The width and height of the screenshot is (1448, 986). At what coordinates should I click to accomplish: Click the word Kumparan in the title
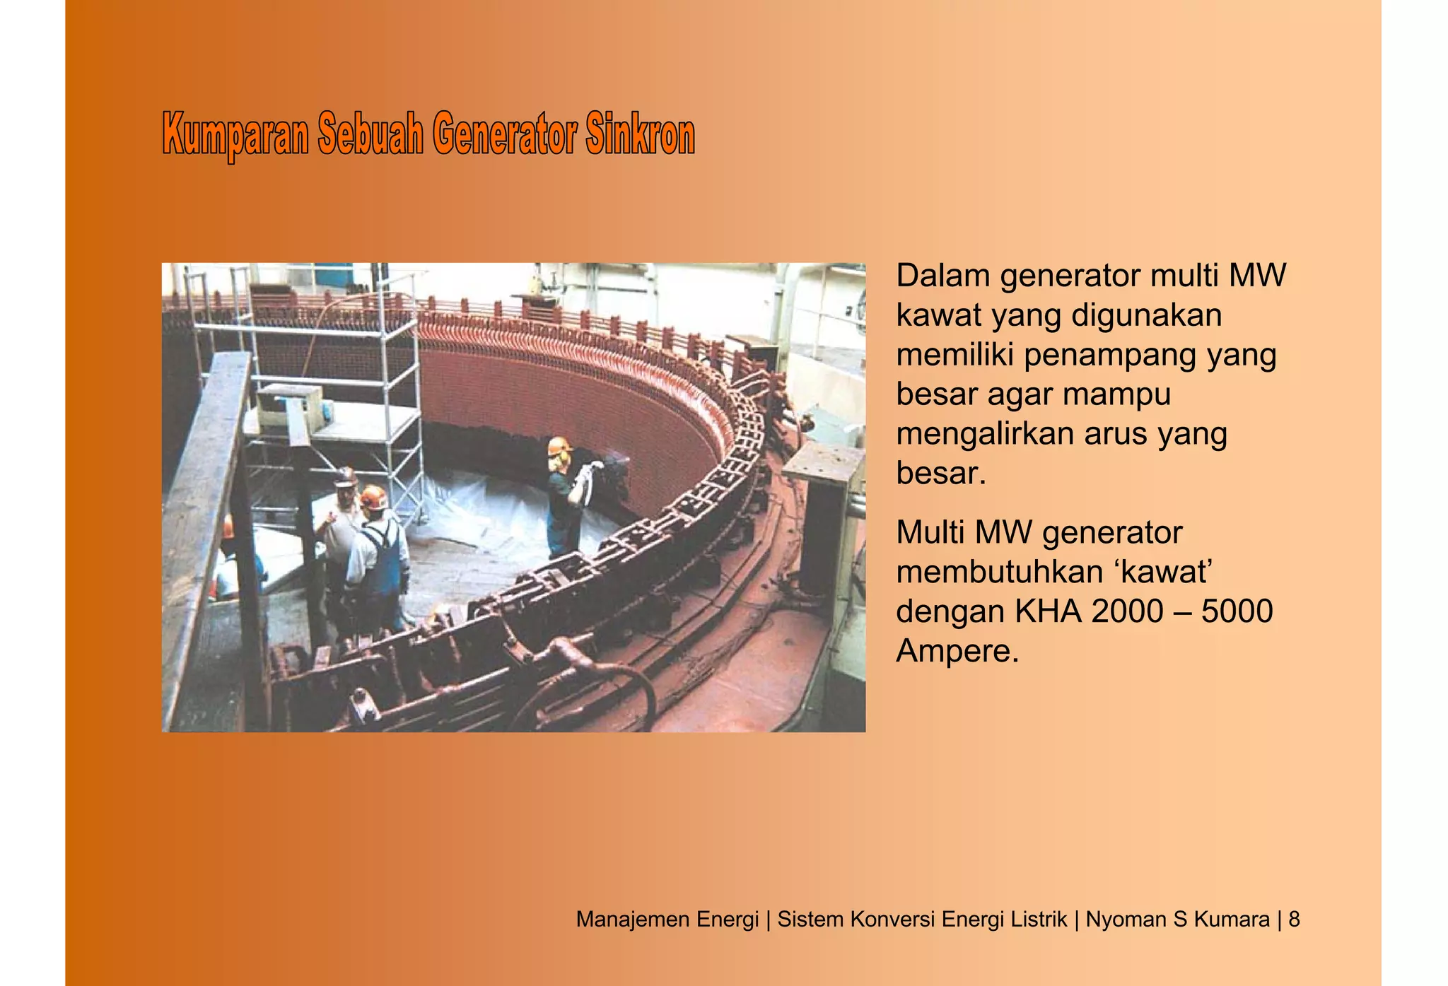235,134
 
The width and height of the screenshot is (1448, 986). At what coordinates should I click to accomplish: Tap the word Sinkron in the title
640,134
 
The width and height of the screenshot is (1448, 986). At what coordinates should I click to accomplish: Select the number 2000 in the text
1127,611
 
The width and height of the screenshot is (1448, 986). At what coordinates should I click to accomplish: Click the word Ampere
957,651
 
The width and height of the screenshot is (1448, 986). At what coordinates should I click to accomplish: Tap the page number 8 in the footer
1294,920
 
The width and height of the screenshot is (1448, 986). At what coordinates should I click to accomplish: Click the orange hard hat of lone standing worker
559,446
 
